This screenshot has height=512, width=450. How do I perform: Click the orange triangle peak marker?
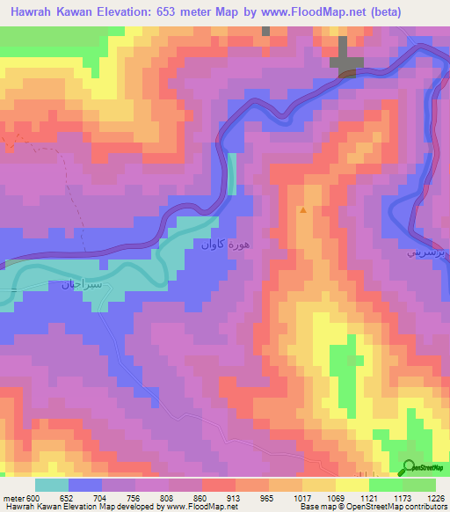[x=303, y=210]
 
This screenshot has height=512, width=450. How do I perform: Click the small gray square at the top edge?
[x=265, y=31]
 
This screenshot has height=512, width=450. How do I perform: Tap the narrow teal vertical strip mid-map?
[x=232, y=173]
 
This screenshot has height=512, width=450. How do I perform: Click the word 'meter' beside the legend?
[x=12, y=497]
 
